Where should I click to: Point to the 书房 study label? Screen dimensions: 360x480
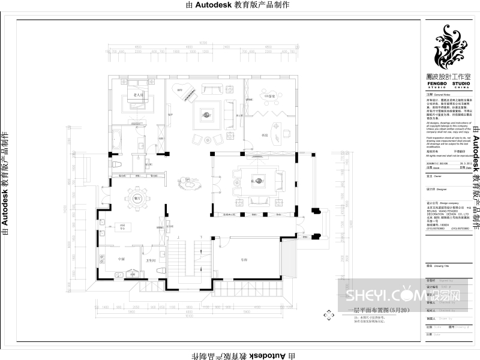[264, 136]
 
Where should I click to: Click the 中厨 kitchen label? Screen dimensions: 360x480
[121, 259]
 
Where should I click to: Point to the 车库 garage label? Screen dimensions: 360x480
[244, 260]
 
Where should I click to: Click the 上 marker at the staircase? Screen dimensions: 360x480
[179, 238]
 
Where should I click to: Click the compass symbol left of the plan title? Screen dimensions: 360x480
[328, 314]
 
